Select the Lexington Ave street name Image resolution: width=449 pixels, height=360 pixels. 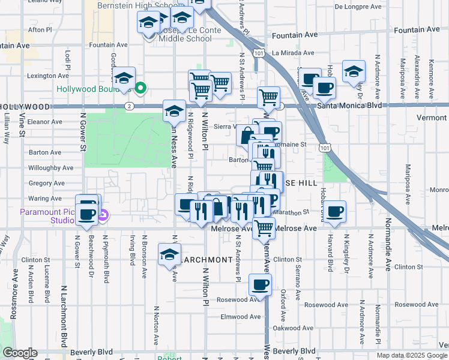click(49, 76)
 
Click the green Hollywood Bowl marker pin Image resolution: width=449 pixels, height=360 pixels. click(141, 88)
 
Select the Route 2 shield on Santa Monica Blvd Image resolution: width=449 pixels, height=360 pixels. click(130, 106)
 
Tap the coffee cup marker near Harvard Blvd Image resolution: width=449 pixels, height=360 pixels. click(336, 211)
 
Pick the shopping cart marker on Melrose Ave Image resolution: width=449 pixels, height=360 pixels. click(264, 228)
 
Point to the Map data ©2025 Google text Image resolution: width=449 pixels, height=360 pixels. click(412, 355)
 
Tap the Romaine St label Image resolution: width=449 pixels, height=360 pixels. click(294, 144)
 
